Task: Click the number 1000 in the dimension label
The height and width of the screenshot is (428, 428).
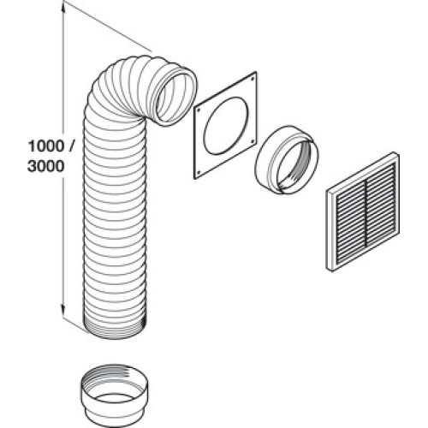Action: pyautogui.click(x=46, y=146)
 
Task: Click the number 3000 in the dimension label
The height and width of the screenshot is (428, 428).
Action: pyautogui.click(x=46, y=166)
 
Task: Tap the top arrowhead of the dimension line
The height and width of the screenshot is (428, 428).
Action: pyautogui.click(x=63, y=9)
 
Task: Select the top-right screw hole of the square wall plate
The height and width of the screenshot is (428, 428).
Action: pyautogui.click(x=253, y=76)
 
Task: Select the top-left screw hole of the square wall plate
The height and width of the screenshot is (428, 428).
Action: pyautogui.click(x=199, y=110)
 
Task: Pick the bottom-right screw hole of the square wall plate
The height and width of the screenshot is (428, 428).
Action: pyautogui.click(x=253, y=140)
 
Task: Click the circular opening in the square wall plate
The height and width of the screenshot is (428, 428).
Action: pyautogui.click(x=225, y=126)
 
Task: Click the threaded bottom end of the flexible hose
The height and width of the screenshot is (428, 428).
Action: pyautogui.click(x=116, y=330)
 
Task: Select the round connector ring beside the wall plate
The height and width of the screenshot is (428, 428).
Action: pyautogui.click(x=286, y=160)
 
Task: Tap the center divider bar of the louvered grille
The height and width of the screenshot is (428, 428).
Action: pyautogui.click(x=366, y=211)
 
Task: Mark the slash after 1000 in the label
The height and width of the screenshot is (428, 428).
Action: pyautogui.click(x=71, y=146)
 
